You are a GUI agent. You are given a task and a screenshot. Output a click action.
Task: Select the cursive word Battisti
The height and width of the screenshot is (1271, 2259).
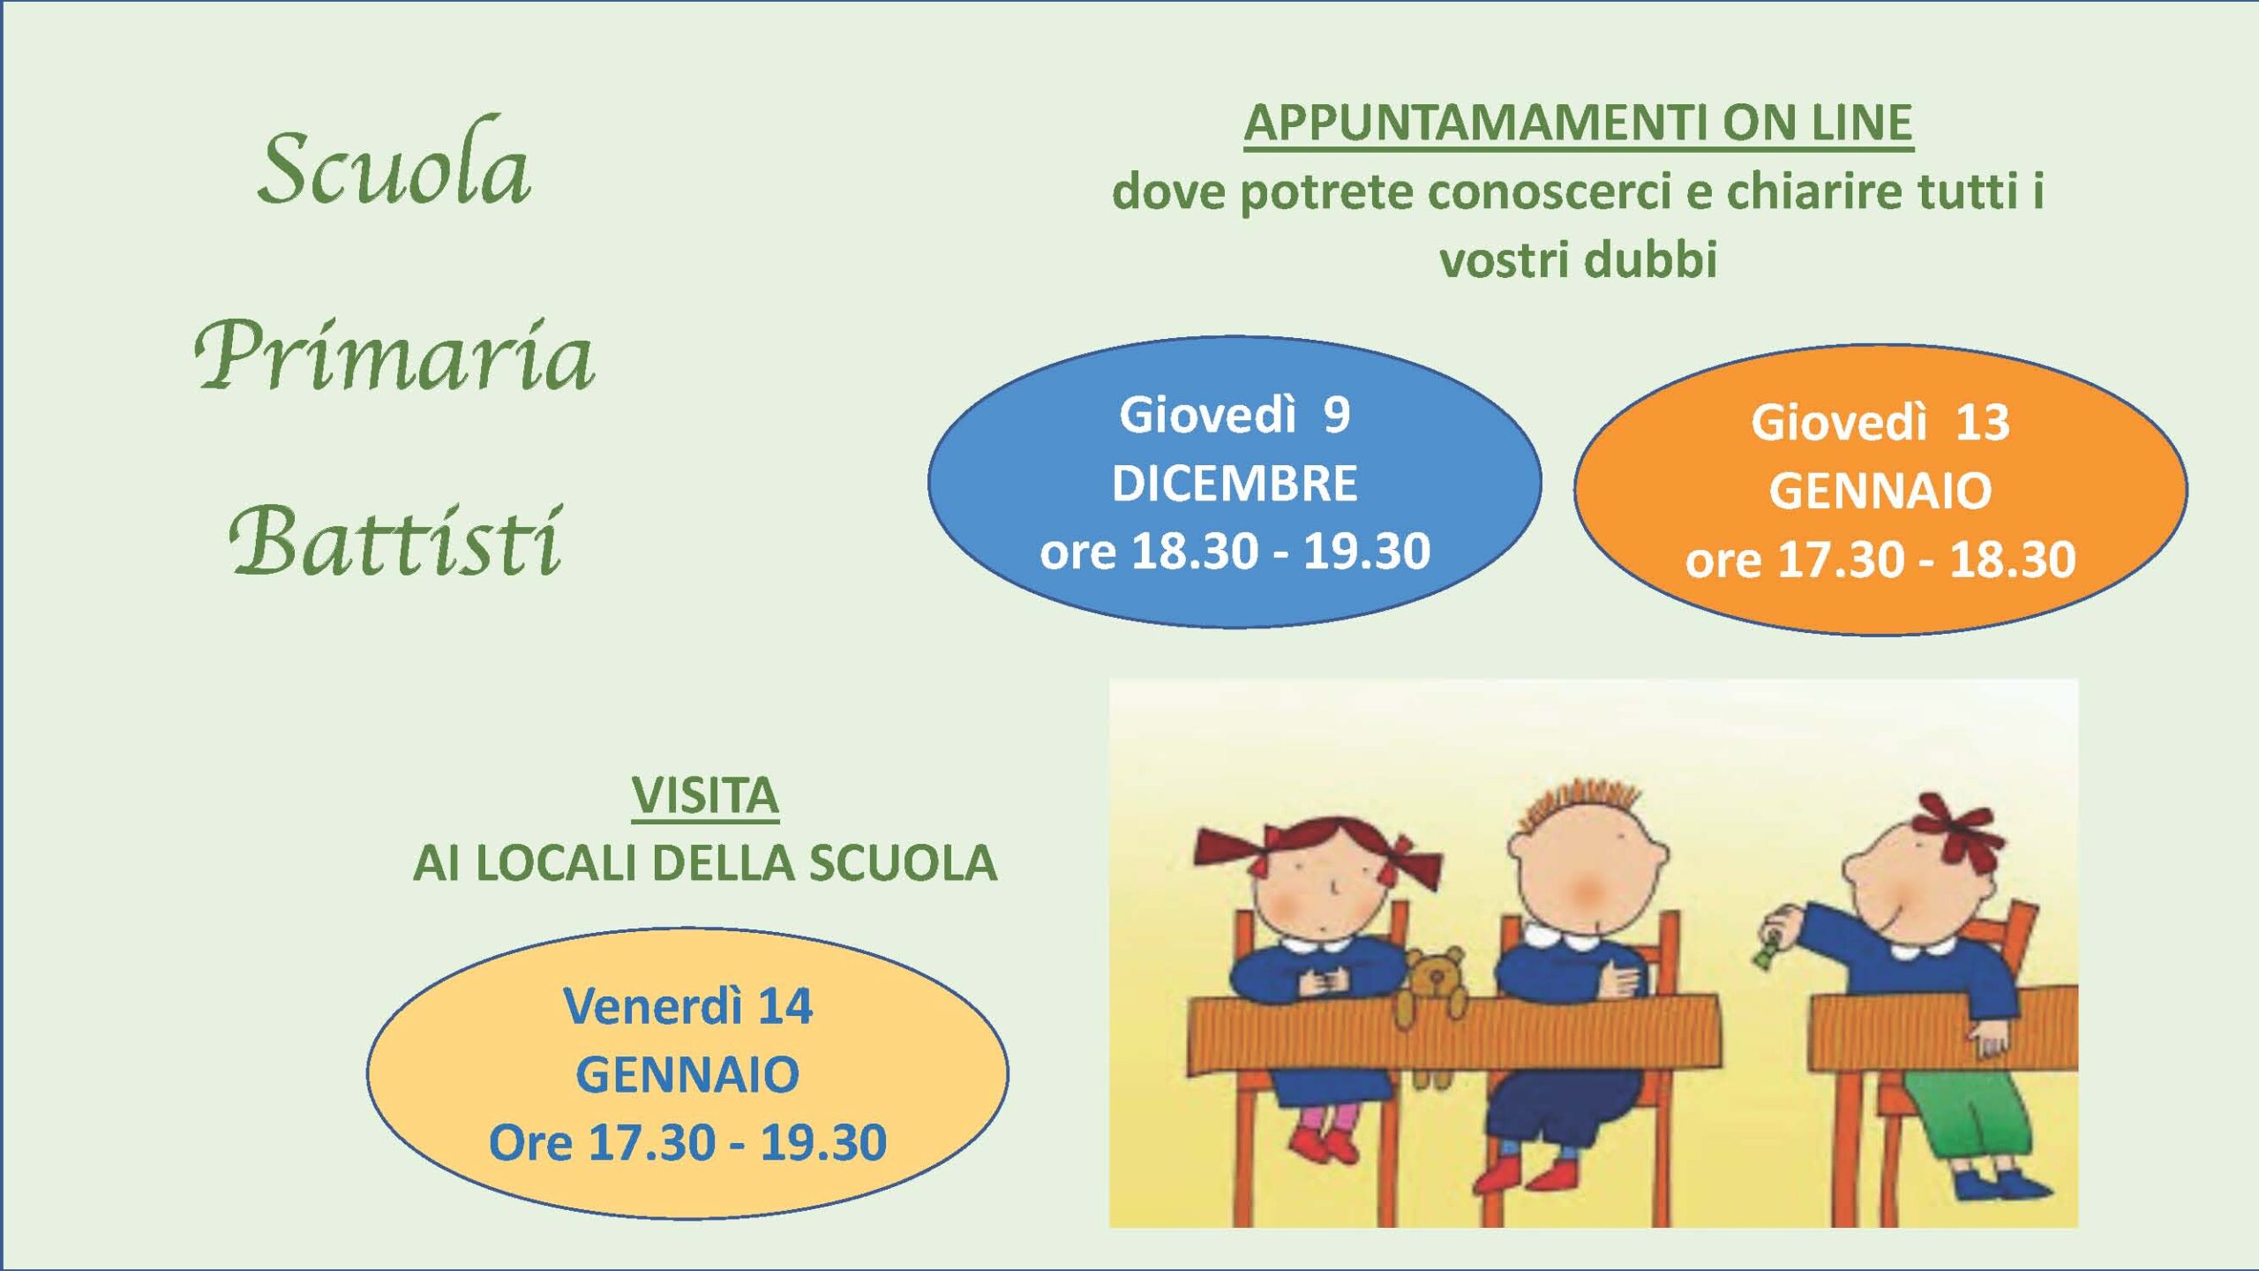tap(394, 541)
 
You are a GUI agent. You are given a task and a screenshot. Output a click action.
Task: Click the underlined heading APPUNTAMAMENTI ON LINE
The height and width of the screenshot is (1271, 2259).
tap(1578, 124)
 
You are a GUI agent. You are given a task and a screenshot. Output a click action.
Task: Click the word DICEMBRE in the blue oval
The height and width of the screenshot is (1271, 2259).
tap(1235, 484)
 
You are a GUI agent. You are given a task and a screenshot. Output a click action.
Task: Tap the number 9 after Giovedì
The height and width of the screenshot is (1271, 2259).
tap(1337, 415)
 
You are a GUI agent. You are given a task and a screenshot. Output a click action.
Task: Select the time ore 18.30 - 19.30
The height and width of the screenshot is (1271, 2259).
tap(1235, 552)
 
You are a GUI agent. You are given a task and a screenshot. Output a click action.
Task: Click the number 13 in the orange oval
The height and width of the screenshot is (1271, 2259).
tap(1983, 423)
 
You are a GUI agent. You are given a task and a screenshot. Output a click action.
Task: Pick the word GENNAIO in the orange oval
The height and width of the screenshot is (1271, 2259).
tap(1880, 492)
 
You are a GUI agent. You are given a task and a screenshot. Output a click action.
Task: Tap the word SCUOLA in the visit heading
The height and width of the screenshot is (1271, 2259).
tap(904, 864)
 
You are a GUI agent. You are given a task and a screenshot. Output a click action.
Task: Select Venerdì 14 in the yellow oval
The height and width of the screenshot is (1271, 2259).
tap(687, 1006)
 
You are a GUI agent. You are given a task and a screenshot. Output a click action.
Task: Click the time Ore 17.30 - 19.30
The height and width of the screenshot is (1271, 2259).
tap(687, 1144)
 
